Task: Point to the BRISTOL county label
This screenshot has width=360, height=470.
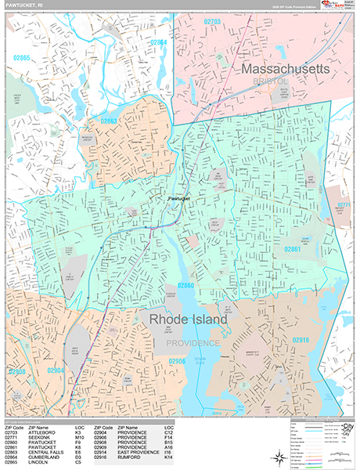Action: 271,81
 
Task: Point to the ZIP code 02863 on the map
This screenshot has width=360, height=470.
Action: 108,121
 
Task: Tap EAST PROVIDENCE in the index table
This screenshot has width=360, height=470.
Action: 137,452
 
